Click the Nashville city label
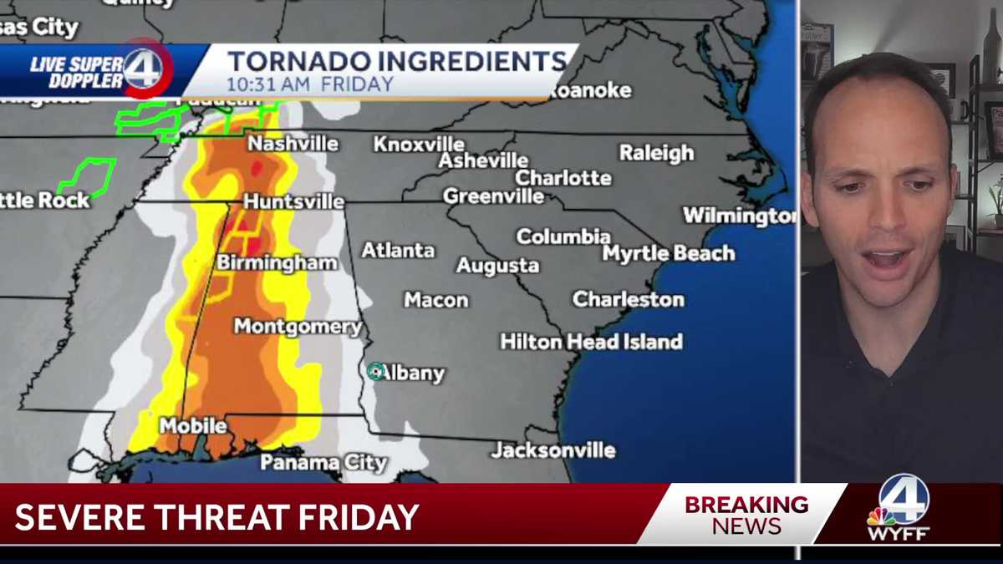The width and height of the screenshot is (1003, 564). pyautogui.click(x=293, y=144)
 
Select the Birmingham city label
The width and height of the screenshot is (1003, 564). pyautogui.click(x=277, y=263)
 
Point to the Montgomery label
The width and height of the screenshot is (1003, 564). pyautogui.click(x=298, y=327)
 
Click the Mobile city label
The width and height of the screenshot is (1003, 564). pyautogui.click(x=193, y=425)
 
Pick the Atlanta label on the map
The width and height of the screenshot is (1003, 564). pyautogui.click(x=398, y=250)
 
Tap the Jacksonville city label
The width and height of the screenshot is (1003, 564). pyautogui.click(x=553, y=450)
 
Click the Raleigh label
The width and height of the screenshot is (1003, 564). pyautogui.click(x=656, y=153)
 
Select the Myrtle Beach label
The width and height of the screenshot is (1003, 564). pyautogui.click(x=669, y=253)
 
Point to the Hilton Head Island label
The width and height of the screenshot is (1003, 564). pyautogui.click(x=591, y=341)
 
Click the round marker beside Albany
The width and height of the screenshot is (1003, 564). pyautogui.click(x=375, y=372)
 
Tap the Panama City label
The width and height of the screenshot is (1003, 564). pyautogui.click(x=323, y=462)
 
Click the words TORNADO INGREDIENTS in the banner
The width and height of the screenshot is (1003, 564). pyautogui.click(x=397, y=62)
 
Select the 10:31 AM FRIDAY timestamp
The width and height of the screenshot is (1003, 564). pyautogui.click(x=309, y=84)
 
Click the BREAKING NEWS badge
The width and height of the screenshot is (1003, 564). pyautogui.click(x=746, y=515)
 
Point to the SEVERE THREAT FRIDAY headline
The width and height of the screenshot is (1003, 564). pyautogui.click(x=217, y=517)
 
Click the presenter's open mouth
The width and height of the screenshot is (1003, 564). pyautogui.click(x=887, y=258)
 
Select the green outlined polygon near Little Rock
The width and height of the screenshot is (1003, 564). pyautogui.click(x=86, y=176)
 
